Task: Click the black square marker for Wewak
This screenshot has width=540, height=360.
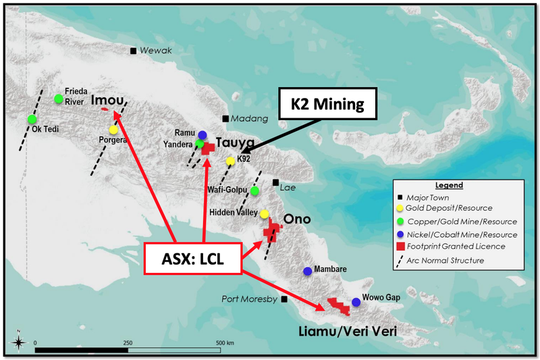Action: point(133,51)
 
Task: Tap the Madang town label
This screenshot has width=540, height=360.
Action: point(249,119)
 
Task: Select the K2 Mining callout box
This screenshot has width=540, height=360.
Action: point(327,104)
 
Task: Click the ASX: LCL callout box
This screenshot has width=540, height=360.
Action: point(193,259)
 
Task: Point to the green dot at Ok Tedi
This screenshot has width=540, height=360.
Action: point(32,119)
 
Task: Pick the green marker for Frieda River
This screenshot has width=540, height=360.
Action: point(59,99)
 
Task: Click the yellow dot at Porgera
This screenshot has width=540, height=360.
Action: point(113,130)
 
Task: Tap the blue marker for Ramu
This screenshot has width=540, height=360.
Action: point(202,134)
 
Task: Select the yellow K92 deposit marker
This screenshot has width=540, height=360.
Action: point(230,161)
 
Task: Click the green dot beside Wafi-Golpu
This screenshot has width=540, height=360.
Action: point(254,190)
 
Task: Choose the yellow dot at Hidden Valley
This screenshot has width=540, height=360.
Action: point(264,214)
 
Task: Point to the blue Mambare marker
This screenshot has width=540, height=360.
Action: point(308,271)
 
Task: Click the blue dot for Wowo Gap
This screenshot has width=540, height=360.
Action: point(356,302)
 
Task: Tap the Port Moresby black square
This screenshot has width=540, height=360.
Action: point(284,299)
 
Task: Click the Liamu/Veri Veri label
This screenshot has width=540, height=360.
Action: point(348,331)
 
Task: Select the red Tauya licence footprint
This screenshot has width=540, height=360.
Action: point(208,149)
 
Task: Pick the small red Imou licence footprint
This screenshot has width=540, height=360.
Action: point(105,109)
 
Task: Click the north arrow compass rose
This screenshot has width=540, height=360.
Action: point(19,342)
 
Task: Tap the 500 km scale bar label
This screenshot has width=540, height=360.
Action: point(225,342)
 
